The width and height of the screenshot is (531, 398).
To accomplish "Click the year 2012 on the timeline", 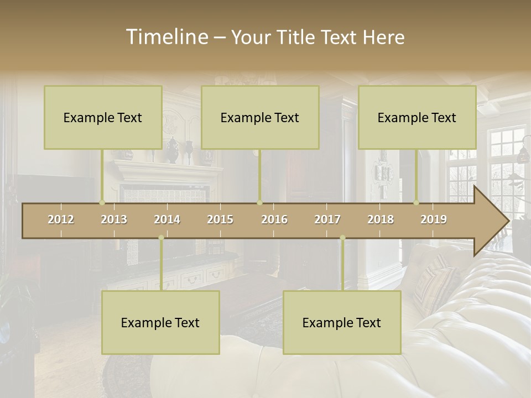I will tap(61, 219).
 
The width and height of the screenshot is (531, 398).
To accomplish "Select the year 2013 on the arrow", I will tap(114, 219).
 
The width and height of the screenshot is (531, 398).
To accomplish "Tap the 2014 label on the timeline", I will tap(167, 219).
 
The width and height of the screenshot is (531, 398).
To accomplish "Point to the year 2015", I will tap(220, 219).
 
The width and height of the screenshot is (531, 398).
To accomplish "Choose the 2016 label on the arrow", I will tap(274, 219).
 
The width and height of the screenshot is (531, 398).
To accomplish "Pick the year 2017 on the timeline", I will tap(327, 219).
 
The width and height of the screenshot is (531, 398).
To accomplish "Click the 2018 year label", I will tap(381, 219).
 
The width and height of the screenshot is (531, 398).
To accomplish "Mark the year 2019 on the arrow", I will tap(434, 219).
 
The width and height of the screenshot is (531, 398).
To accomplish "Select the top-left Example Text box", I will tap(103, 117).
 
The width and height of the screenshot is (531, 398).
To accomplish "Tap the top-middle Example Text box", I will tap(260, 117).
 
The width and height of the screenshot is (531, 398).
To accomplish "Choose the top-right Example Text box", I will tap(417, 117).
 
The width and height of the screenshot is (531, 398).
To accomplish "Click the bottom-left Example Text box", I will tap(160, 322).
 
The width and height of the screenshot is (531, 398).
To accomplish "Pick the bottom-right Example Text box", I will tap(342, 322).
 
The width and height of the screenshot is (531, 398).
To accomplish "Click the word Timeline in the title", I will tap(166, 37).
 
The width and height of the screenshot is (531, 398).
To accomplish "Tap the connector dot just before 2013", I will tap(102, 202).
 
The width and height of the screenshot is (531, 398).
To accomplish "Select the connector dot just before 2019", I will tap(417, 202).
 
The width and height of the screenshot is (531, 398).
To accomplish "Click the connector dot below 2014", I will tap(161, 238).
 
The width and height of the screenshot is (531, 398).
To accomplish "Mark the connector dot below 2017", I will tap(342, 238).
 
